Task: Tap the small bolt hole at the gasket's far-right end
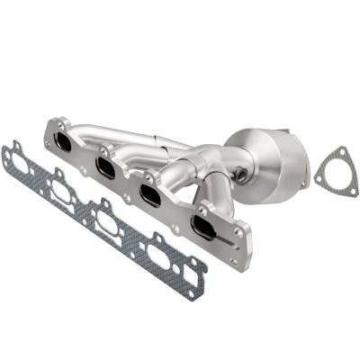pyautogui.click(x=193, y=292)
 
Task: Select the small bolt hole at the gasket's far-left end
pyautogui.click(x=8, y=147)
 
